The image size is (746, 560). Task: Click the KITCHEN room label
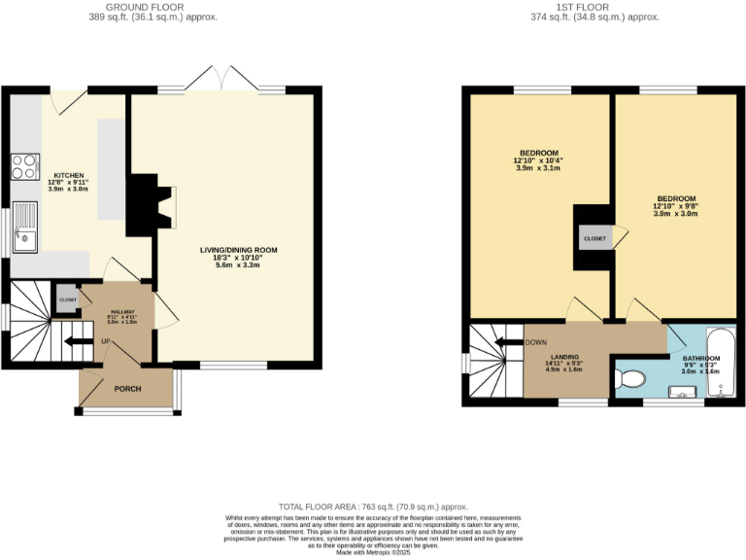click(69, 176)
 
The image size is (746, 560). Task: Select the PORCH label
click(127, 389)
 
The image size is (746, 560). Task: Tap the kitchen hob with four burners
click(24, 167)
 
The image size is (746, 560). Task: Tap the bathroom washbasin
click(685, 392)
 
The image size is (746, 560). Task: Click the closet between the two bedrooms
click(594, 238)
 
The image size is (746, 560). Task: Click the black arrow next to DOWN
click(507, 342)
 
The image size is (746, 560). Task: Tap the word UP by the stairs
click(105, 341)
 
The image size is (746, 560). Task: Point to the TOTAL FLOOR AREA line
click(373, 507)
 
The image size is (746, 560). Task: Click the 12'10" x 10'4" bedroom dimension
click(538, 160)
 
